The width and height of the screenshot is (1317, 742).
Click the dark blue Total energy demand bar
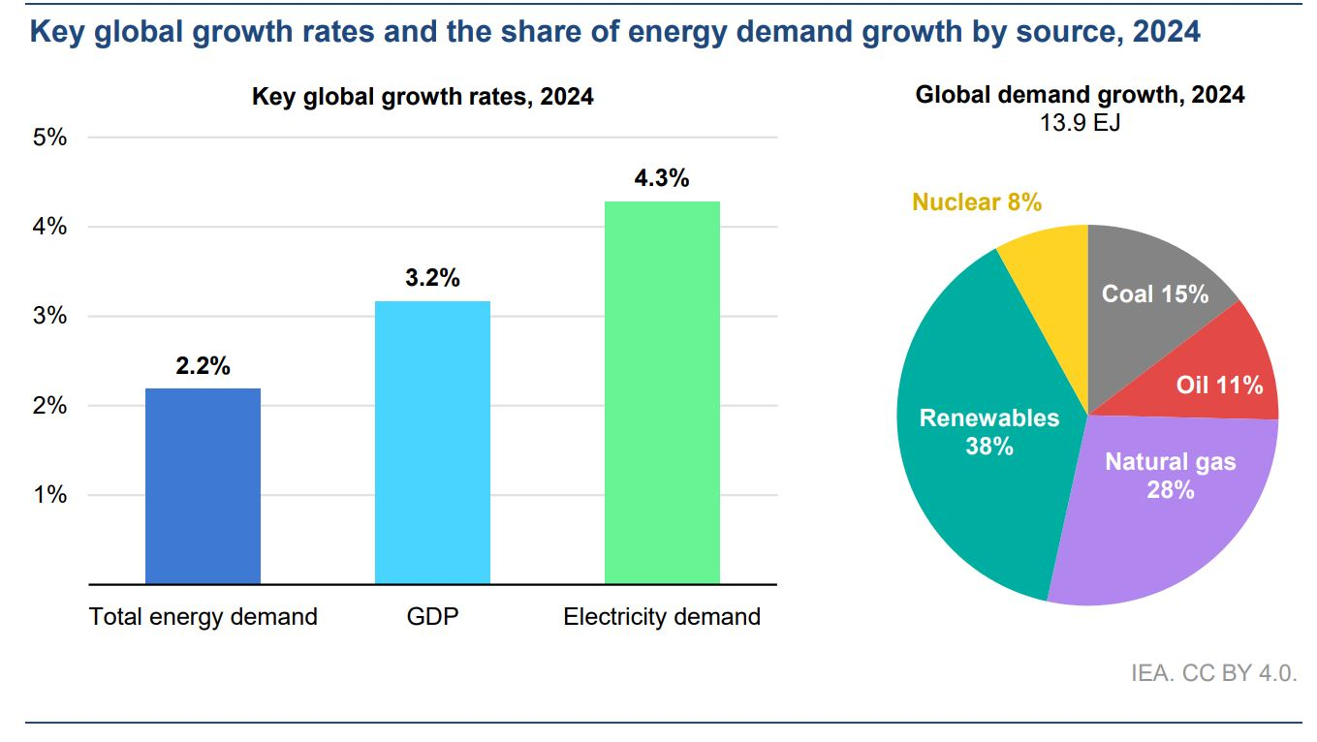203,486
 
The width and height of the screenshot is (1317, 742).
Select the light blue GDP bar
433,443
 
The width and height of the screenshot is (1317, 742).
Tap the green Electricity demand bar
662,393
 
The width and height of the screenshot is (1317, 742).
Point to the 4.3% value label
662,178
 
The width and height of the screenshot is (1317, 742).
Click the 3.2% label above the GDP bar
432,278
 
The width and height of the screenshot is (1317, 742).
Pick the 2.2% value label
203,366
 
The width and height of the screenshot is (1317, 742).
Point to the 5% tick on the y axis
50,138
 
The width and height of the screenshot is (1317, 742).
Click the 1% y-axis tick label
50,495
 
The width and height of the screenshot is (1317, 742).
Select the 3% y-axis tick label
50,316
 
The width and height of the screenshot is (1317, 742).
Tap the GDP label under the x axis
433,617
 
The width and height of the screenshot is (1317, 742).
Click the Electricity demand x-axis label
662,617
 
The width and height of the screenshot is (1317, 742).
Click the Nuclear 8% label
977,202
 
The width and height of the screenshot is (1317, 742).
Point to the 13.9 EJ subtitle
1081,123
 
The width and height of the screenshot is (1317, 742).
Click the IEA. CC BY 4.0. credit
1213,673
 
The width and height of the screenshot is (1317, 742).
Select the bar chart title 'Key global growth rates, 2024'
423,96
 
